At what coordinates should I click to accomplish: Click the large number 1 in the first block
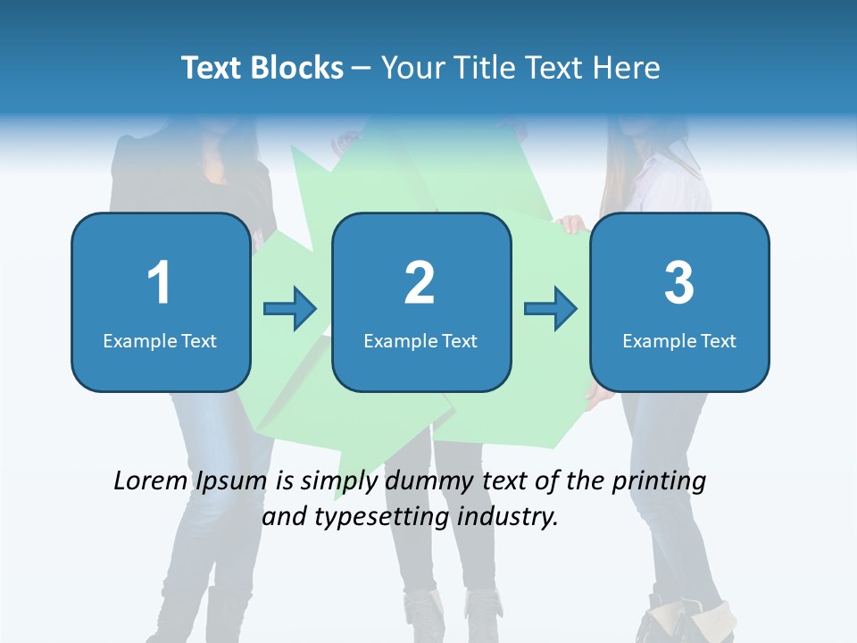click(x=160, y=283)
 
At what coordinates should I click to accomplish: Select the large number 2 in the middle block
click(x=420, y=283)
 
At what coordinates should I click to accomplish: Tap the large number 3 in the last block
click(x=679, y=283)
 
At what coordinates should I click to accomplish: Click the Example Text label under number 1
click(x=160, y=341)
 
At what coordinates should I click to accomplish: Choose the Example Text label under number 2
click(x=420, y=341)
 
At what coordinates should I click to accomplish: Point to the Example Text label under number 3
click(x=679, y=341)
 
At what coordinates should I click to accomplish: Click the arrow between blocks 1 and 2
click(x=290, y=309)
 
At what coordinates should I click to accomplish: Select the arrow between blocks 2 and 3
click(x=551, y=309)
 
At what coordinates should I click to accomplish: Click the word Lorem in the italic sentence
click(x=150, y=481)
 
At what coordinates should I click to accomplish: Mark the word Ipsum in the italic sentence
click(x=230, y=481)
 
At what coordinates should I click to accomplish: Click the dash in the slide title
click(x=362, y=68)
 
